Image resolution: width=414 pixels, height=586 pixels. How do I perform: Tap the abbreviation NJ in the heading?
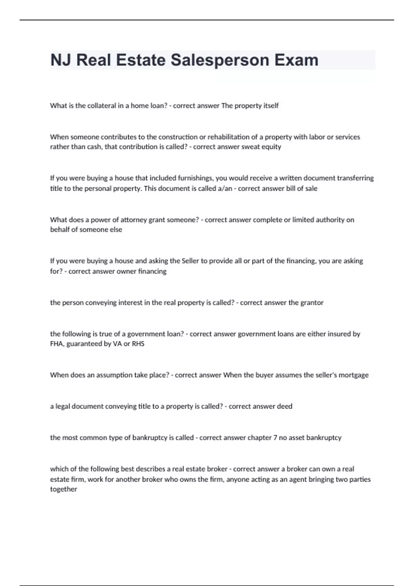[x=61, y=60]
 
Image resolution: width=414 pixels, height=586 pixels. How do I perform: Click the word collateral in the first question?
[x=101, y=106]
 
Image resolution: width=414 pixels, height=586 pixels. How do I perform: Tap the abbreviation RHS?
[x=138, y=344]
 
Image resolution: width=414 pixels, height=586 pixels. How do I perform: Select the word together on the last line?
[x=63, y=489]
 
